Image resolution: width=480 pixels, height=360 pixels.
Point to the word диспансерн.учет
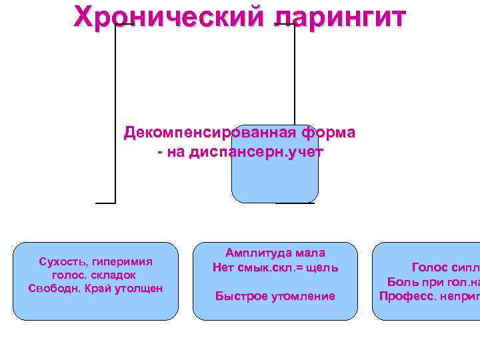pyautogui.click(x=257, y=152)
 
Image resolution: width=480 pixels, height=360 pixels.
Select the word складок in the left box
pyautogui.click(x=115, y=275)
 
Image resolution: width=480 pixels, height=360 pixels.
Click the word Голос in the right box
pyautogui.click(x=431, y=267)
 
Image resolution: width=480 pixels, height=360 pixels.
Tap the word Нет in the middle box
pyautogui.click(x=222, y=267)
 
